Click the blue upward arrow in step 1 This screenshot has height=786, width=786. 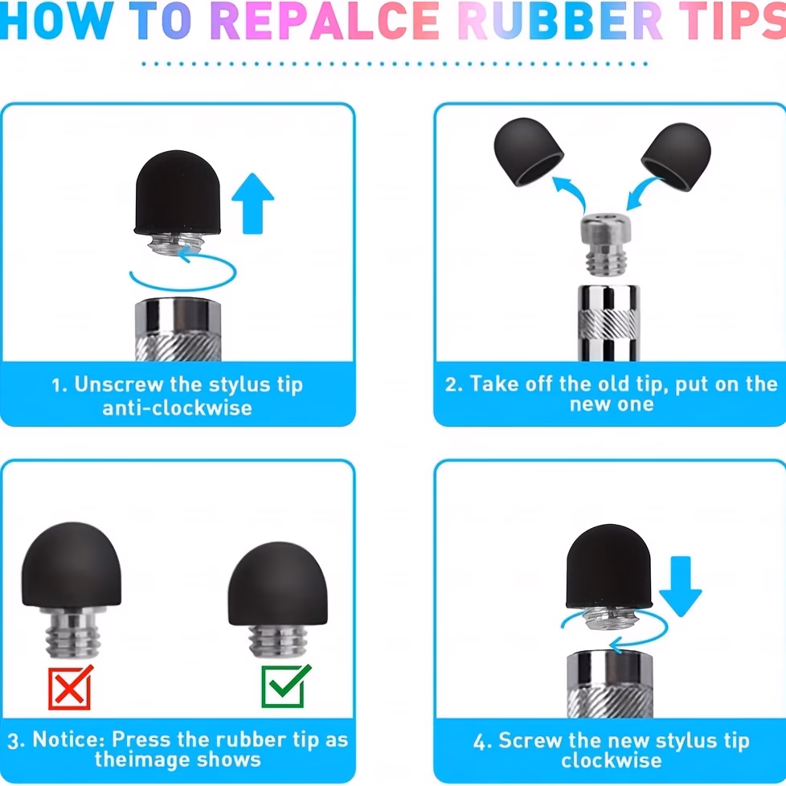(252, 203)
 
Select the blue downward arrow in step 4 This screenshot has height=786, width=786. (680, 586)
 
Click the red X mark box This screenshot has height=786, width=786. (70, 687)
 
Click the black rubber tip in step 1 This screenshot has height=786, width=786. (178, 192)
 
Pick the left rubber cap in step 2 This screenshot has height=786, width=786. (528, 151)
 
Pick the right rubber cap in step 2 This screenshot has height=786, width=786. (676, 156)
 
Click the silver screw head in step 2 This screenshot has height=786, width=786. (605, 244)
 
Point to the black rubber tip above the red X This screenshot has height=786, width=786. (72, 564)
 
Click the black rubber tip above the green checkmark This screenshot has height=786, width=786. (278, 583)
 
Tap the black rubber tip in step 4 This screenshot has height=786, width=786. (609, 567)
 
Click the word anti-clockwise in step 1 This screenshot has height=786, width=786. (178, 408)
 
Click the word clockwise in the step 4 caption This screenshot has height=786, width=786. (611, 760)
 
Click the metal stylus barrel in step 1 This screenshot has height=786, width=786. (178, 330)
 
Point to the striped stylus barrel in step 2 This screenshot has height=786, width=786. (608, 323)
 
